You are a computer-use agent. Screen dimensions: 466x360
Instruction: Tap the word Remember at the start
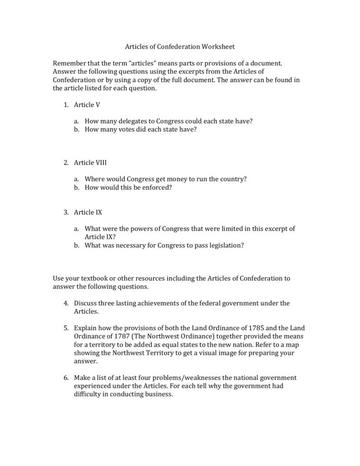coord(69,63)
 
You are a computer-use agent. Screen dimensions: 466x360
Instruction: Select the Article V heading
coord(87,105)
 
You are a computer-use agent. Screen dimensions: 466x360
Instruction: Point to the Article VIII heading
coord(90,163)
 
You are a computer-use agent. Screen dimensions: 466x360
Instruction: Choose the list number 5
coord(66,328)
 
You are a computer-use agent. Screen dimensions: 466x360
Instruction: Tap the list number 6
coord(66,378)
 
